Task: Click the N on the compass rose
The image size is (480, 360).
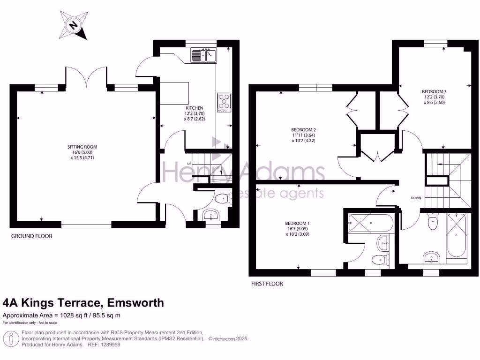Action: click(x=73, y=25)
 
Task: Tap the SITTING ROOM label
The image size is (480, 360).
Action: click(x=82, y=147)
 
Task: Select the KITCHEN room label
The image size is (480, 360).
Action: click(x=195, y=108)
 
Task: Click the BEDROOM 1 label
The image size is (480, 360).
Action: click(x=297, y=224)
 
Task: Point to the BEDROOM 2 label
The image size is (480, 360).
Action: click(x=303, y=130)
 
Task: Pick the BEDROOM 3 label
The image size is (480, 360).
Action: click(x=434, y=91)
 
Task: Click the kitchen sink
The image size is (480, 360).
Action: click(x=203, y=55)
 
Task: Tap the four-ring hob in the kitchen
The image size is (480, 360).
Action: click(x=224, y=102)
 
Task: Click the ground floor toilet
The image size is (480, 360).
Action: click(x=224, y=199)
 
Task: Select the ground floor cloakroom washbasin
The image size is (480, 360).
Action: click(x=210, y=215)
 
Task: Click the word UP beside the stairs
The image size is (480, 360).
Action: click(x=189, y=164)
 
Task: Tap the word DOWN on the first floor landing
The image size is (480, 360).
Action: click(x=416, y=198)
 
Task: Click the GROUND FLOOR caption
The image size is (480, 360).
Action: click(x=31, y=236)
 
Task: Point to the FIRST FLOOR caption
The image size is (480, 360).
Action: click(x=267, y=284)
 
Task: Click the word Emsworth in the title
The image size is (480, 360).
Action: click(x=135, y=303)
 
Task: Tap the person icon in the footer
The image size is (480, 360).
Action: click(x=11, y=339)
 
